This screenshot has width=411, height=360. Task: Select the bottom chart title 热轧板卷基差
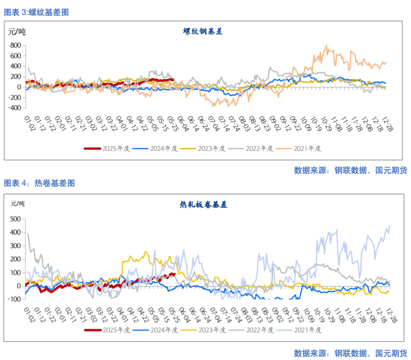pyautogui.click(x=203, y=205)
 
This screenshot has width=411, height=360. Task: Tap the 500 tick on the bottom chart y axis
pyautogui.click(x=16, y=219)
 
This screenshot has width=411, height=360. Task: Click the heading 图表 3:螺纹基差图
pyautogui.click(x=36, y=12)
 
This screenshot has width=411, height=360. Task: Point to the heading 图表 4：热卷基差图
pyautogui.click(x=39, y=183)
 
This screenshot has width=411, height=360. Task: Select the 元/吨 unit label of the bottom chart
pyautogui.click(x=17, y=203)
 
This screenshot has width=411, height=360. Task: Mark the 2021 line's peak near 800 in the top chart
pyautogui.click(x=326, y=46)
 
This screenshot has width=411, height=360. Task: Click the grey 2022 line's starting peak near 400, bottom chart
pyautogui.click(x=28, y=233)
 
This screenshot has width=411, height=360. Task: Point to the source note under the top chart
pyautogui.click(x=350, y=170)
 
